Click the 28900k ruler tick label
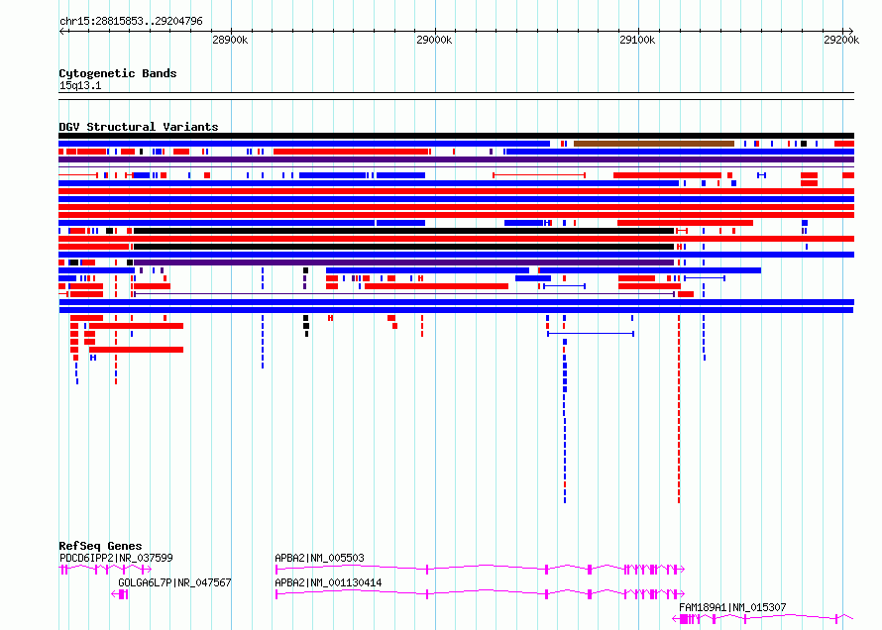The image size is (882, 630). pos(230,40)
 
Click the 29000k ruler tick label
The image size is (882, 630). pos(434,40)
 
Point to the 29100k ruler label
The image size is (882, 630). pos(637,40)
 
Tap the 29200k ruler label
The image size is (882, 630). pos(841,40)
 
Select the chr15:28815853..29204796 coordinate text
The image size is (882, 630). pos(131,22)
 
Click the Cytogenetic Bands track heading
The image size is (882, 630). pos(118,73)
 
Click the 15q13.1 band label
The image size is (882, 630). pos(80,85)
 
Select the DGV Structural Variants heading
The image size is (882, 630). pos(139,127)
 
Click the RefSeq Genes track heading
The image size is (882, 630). pos(100,546)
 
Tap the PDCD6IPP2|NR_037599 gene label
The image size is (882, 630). pos(116,558)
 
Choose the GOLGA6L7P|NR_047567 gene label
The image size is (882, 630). pos(174,582)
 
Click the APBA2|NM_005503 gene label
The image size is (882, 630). pos(319,558)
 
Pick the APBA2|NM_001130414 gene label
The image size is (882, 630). pos(328,582)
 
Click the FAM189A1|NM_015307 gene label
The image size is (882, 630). pos(732,607)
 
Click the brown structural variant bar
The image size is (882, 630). pos(654,144)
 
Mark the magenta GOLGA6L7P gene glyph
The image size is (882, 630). pos(120,594)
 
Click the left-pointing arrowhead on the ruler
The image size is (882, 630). pos(61,32)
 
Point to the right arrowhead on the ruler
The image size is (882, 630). pos(851,32)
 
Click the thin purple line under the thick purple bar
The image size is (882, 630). pos(456,167)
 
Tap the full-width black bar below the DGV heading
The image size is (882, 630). pos(456,136)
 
